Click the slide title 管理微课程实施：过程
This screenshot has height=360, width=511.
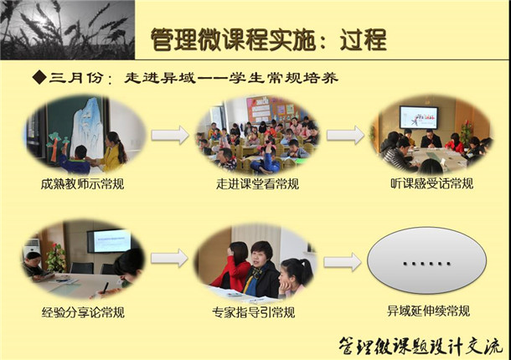(269, 39)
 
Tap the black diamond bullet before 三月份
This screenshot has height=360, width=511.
(39, 78)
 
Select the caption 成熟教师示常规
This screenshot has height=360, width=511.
(82, 184)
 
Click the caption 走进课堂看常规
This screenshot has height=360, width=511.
(257, 184)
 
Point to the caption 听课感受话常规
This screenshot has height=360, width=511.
(431, 183)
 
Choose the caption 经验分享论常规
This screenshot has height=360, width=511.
(83, 312)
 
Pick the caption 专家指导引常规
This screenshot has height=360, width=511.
(254, 312)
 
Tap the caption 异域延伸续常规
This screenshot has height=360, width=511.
(428, 311)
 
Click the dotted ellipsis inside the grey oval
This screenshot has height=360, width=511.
(426, 263)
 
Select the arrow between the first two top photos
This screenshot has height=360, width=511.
(170, 135)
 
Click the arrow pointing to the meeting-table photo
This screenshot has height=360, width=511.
(345, 135)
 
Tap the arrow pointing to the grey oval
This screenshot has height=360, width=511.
(342, 262)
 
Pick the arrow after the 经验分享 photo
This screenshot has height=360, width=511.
(169, 258)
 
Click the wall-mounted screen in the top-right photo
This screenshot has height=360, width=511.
(419, 117)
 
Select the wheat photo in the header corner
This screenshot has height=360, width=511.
(68, 29)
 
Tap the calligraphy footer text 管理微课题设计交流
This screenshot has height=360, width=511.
(420, 346)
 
